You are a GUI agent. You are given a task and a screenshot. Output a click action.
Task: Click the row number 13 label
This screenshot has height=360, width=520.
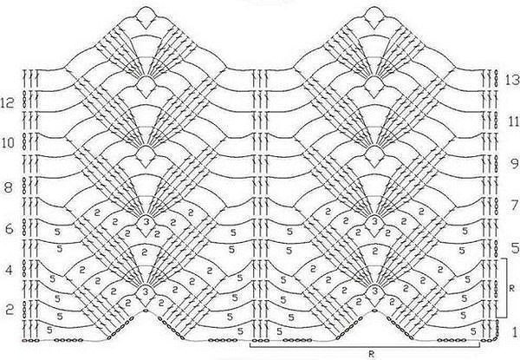click(512, 80)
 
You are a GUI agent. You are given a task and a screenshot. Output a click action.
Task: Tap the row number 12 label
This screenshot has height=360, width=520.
click(7, 103)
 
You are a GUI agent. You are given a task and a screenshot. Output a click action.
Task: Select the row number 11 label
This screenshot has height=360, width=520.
click(513, 121)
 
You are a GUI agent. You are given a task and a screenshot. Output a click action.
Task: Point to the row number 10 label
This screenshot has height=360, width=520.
click(8, 143)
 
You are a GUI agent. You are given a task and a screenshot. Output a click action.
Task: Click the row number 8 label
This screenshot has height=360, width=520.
click(8, 187)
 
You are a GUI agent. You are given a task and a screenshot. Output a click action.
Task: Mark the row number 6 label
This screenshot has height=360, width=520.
click(9, 229)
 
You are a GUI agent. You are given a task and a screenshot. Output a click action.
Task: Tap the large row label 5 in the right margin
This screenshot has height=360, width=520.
click(515, 248)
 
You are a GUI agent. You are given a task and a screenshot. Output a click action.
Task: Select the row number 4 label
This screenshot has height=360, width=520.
click(9, 271)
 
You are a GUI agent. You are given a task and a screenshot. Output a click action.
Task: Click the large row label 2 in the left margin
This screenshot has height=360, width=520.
click(10, 311)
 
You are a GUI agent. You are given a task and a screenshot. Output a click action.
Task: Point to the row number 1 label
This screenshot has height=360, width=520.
click(515, 331)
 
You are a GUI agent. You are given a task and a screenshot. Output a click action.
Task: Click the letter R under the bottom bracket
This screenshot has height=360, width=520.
click(372, 354)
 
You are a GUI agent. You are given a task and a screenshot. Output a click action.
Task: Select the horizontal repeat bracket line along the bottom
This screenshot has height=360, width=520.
click(365, 347)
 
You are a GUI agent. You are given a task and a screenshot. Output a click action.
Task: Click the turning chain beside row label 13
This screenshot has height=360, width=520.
click(496, 78)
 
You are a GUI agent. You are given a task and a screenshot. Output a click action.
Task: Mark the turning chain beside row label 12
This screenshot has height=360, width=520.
click(24, 99)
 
